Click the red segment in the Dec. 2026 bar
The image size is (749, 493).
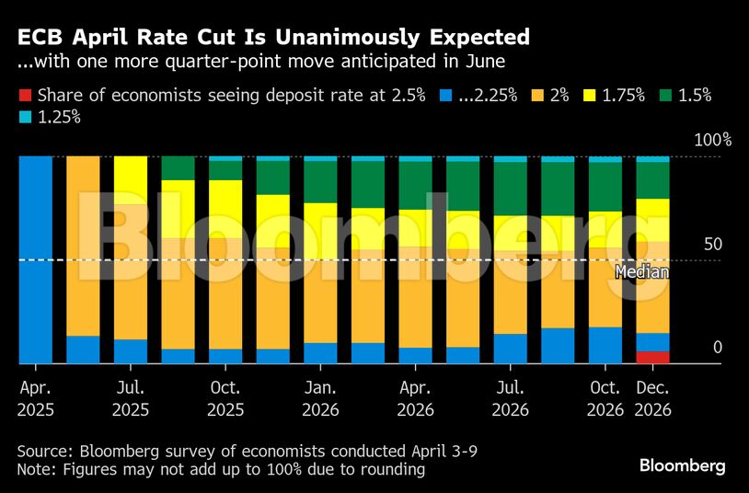pyautogui.click(x=652, y=357)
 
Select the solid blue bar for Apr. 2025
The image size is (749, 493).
pyautogui.click(x=36, y=259)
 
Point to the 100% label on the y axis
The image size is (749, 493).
pyautogui.click(x=712, y=141)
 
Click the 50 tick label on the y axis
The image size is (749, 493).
pyautogui.click(x=713, y=245)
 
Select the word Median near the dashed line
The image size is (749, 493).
pyautogui.click(x=641, y=272)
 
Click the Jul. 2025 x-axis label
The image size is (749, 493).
pyautogui.click(x=131, y=398)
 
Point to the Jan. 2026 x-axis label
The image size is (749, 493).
pyautogui.click(x=321, y=398)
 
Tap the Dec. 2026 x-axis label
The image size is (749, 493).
pyautogui.click(x=652, y=398)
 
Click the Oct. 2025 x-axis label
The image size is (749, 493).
pyautogui.click(x=225, y=398)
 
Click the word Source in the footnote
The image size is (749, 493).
pyautogui.click(x=45, y=452)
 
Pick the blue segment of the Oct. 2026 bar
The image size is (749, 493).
pyautogui.click(x=605, y=345)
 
